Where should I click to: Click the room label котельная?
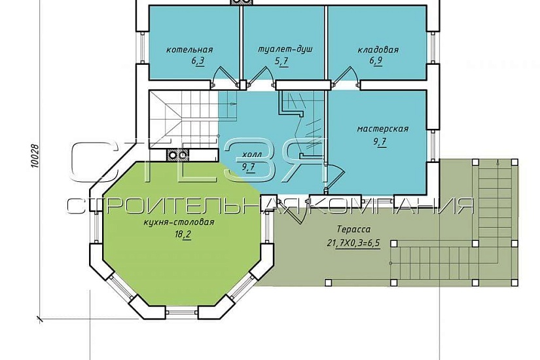[189, 50]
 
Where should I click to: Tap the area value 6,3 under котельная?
[198, 62]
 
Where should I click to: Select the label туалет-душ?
[285, 49]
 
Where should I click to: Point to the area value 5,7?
[281, 62]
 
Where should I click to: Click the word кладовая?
[378, 50]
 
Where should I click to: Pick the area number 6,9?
[376, 62]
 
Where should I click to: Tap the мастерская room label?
[383, 129]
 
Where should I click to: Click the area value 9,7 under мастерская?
[380, 141]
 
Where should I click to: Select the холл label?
[252, 154]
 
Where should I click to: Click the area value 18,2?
[183, 235]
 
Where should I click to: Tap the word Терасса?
[353, 229]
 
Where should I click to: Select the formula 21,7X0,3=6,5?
[353, 243]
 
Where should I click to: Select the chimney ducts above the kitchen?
[177, 155]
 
